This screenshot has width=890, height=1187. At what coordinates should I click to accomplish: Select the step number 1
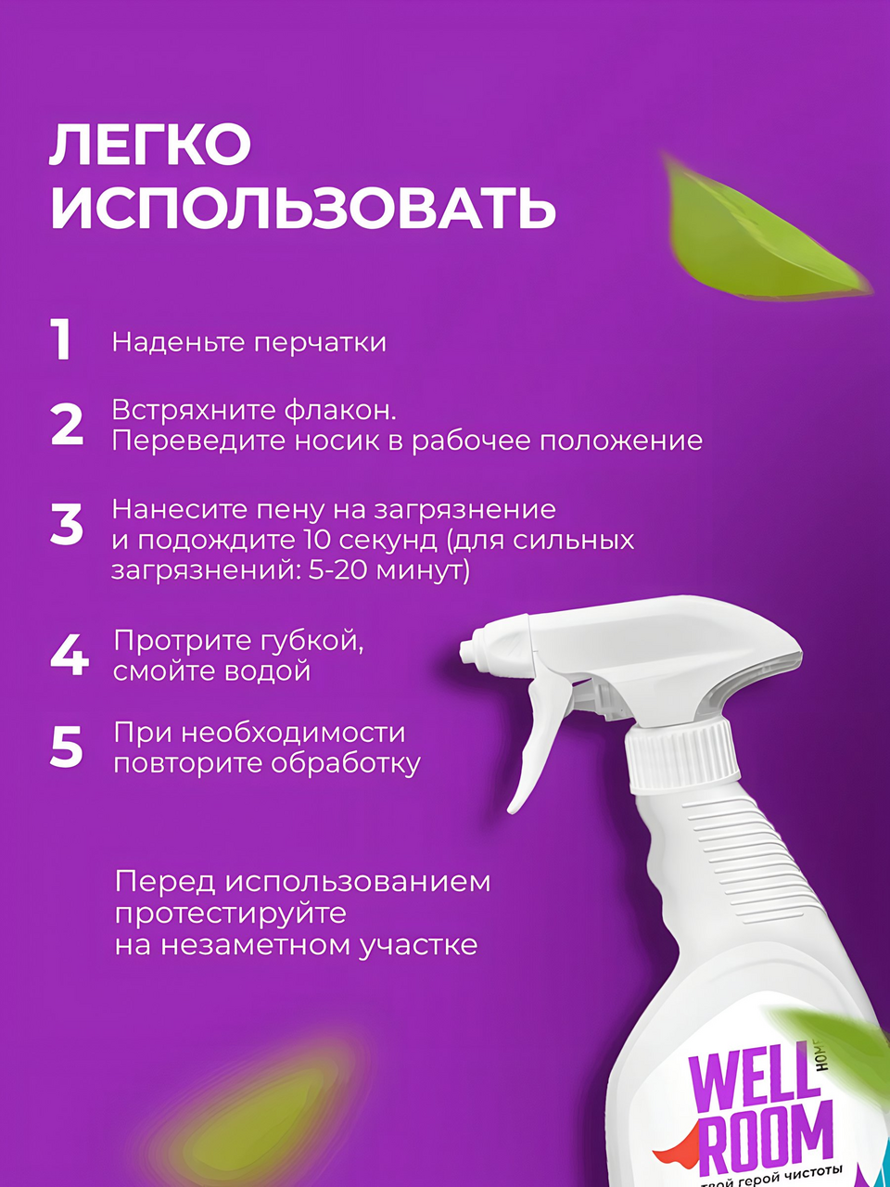pos(61,339)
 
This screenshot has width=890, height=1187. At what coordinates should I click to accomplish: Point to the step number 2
pos(67,425)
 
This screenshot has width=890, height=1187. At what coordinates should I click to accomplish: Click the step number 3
pos(67,523)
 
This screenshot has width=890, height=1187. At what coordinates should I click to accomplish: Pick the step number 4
pos(70,656)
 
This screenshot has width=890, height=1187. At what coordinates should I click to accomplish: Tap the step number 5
pos(67,747)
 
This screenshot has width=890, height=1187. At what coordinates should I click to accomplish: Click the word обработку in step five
pos(346,763)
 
